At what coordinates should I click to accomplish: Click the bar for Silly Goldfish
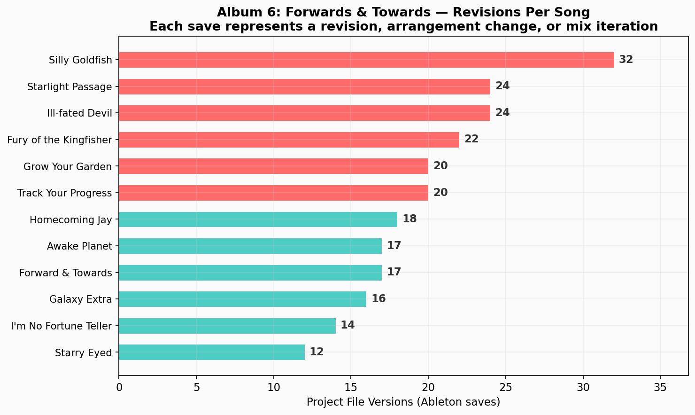(366, 60)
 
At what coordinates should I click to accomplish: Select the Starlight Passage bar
(304, 86)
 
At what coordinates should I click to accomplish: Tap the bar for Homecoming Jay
(258, 219)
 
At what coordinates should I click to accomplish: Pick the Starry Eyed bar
(212, 352)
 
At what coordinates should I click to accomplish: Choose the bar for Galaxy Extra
(242, 299)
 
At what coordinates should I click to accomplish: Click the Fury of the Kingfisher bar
(289, 140)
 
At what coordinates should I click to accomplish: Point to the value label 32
(626, 60)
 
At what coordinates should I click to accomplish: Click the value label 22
(471, 139)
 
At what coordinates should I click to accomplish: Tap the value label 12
(317, 352)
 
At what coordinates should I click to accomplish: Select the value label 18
(409, 219)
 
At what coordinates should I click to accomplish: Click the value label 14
(347, 325)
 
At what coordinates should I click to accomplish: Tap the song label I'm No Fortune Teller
(61, 326)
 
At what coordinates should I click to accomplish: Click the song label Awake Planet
(79, 246)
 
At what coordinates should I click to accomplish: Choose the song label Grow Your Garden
(68, 166)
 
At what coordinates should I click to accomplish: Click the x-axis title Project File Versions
(403, 402)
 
